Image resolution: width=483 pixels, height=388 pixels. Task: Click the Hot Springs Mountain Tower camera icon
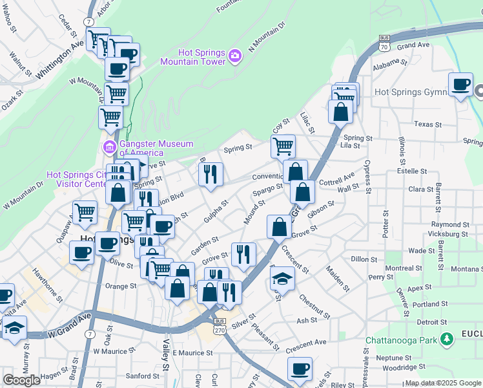235,57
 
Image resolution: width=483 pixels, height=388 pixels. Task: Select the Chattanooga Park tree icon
446,339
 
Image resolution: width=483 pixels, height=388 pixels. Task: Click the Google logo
21,380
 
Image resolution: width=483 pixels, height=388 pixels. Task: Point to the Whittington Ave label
61,59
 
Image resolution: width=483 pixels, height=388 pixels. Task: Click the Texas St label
427,124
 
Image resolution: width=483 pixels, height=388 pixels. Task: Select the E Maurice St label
192,353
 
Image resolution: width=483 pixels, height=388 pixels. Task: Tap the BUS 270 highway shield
220,325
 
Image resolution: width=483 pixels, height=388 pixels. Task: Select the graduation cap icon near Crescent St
282,278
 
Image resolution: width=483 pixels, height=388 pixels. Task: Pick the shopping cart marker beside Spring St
283,147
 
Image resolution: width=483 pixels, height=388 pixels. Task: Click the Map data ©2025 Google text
443,383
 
